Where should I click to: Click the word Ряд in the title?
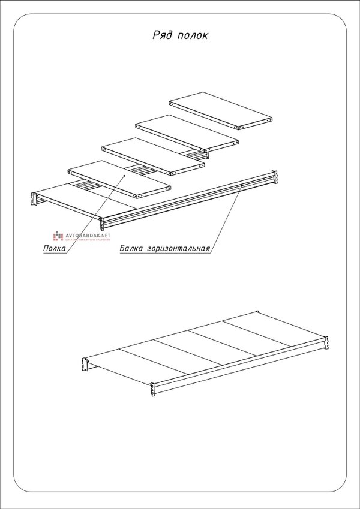163,35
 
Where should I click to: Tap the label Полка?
55,248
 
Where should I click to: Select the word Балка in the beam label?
133,248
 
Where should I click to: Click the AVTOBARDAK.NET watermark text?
88,236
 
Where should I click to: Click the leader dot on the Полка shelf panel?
125,175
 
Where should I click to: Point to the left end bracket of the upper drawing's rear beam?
34,199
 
